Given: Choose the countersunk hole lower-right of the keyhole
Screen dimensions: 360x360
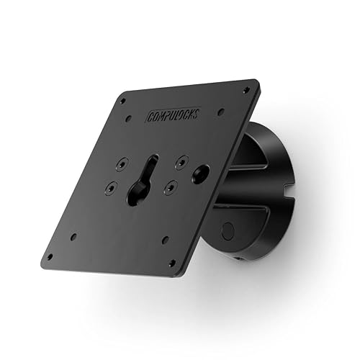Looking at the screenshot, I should click(x=168, y=186).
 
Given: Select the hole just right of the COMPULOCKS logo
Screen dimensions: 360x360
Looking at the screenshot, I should click(x=220, y=111).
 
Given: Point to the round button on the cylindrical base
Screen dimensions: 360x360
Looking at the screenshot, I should click(x=227, y=231).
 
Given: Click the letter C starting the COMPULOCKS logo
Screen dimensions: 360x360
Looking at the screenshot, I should click(x=149, y=116).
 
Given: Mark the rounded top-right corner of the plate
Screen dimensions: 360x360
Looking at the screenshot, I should click(x=255, y=83).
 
